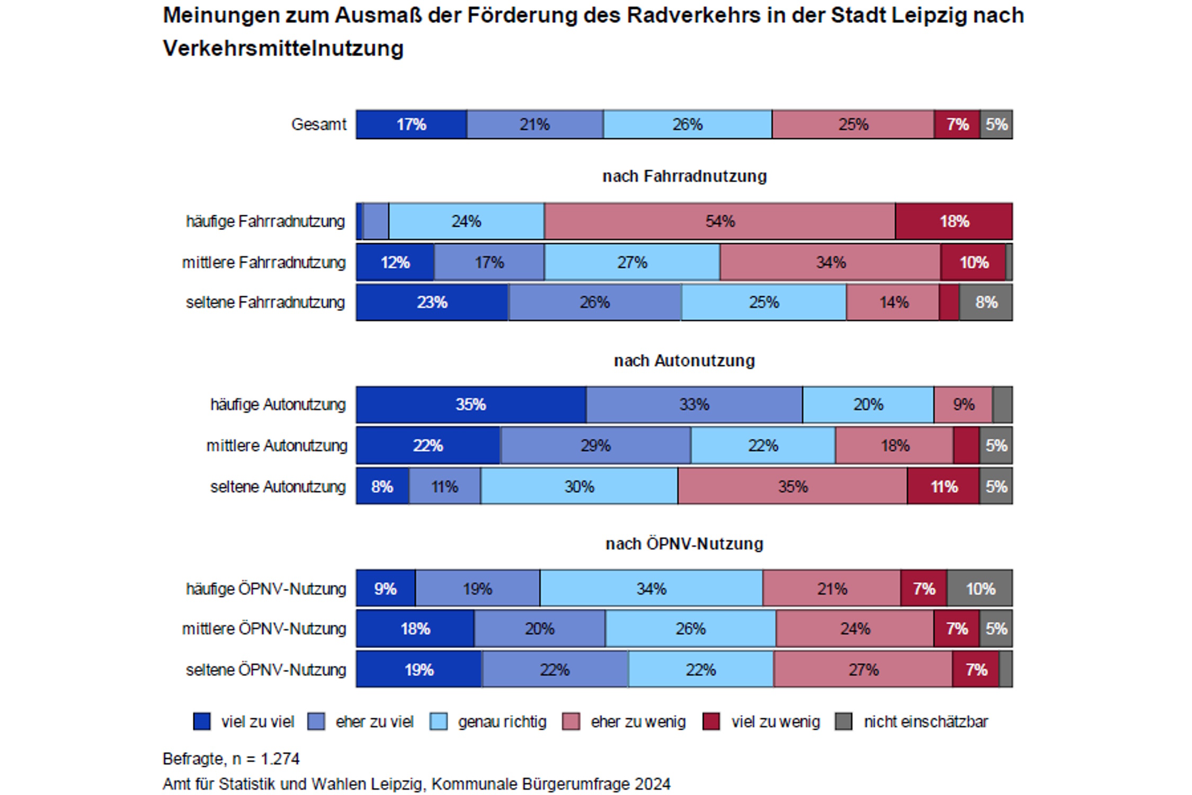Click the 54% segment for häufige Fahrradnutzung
tap(719, 221)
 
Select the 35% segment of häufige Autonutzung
tap(470, 405)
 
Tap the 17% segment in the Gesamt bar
tap(411, 125)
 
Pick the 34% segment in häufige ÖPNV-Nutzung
tap(651, 589)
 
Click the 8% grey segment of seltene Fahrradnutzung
tap(986, 303)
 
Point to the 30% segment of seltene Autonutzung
tap(579, 487)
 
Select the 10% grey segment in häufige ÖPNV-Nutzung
tap(980, 589)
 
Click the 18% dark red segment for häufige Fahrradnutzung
tap(954, 221)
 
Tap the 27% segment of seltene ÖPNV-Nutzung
tap(863, 670)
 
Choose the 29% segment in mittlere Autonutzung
tap(595, 446)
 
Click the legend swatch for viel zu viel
tap(202, 722)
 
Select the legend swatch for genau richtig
tap(439, 722)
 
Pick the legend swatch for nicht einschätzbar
tap(844, 722)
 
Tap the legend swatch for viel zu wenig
tap(711, 722)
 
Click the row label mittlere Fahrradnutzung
tap(264, 262)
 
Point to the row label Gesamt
tap(318, 125)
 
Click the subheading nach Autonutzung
tap(684, 361)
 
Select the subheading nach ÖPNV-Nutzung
tap(684, 544)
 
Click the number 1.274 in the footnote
tap(280, 759)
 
